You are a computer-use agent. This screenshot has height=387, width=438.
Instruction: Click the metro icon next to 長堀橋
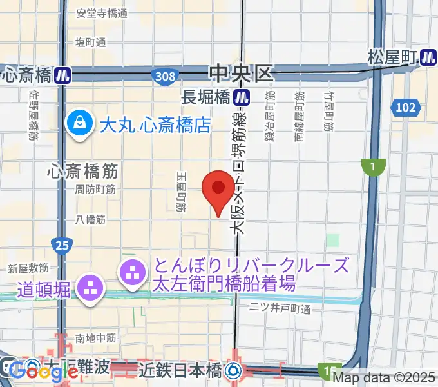[242, 97]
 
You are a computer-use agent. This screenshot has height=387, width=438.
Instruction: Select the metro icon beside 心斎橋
[62, 75]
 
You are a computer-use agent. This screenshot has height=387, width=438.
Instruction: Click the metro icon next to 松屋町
[428, 57]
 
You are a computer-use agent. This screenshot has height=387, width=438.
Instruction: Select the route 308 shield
[165, 77]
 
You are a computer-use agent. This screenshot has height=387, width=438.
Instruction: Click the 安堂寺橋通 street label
[102, 13]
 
